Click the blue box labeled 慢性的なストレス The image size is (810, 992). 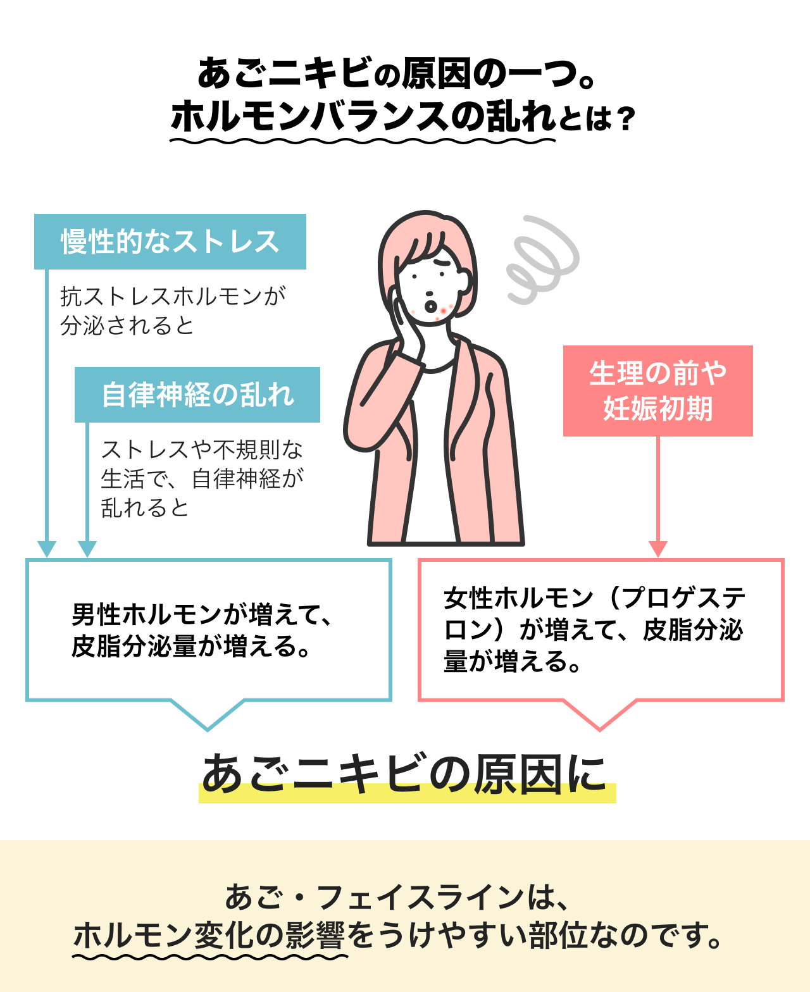[170, 242]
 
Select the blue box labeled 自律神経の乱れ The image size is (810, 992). [197, 395]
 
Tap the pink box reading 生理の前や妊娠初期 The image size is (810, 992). [657, 391]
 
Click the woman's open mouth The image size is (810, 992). [430, 306]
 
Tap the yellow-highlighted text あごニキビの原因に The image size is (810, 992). [405, 775]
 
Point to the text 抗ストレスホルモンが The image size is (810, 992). [173, 296]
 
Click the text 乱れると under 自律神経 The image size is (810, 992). [145, 507]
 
